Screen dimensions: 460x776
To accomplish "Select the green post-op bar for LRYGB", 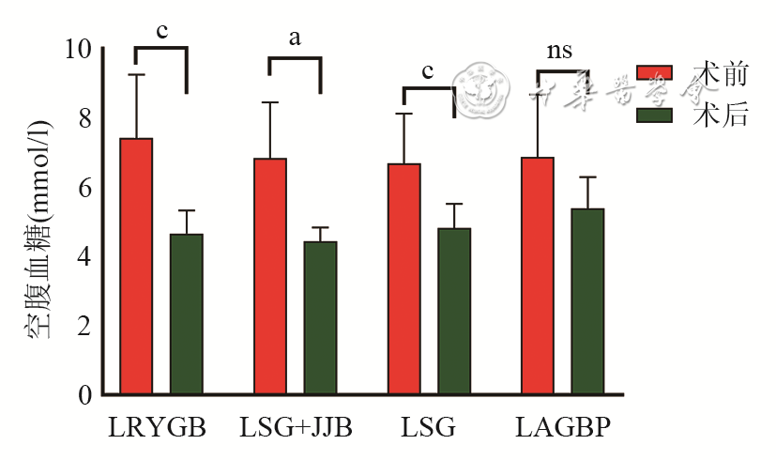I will point(187,314).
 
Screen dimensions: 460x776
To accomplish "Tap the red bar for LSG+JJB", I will point(270,276).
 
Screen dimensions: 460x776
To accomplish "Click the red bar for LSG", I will point(404,279).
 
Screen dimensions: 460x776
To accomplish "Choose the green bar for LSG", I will point(454,311).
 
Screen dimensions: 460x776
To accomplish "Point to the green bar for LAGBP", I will point(587,300).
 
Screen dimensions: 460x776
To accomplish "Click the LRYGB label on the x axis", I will point(157,428).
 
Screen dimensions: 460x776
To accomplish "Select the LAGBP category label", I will point(563,428).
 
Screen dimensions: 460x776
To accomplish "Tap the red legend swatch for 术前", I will point(655,73).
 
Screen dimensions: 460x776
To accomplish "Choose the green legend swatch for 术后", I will point(655,115).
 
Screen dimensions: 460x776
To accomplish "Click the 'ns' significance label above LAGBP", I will point(560,51).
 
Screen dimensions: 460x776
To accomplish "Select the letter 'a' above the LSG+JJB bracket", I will point(295,38).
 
